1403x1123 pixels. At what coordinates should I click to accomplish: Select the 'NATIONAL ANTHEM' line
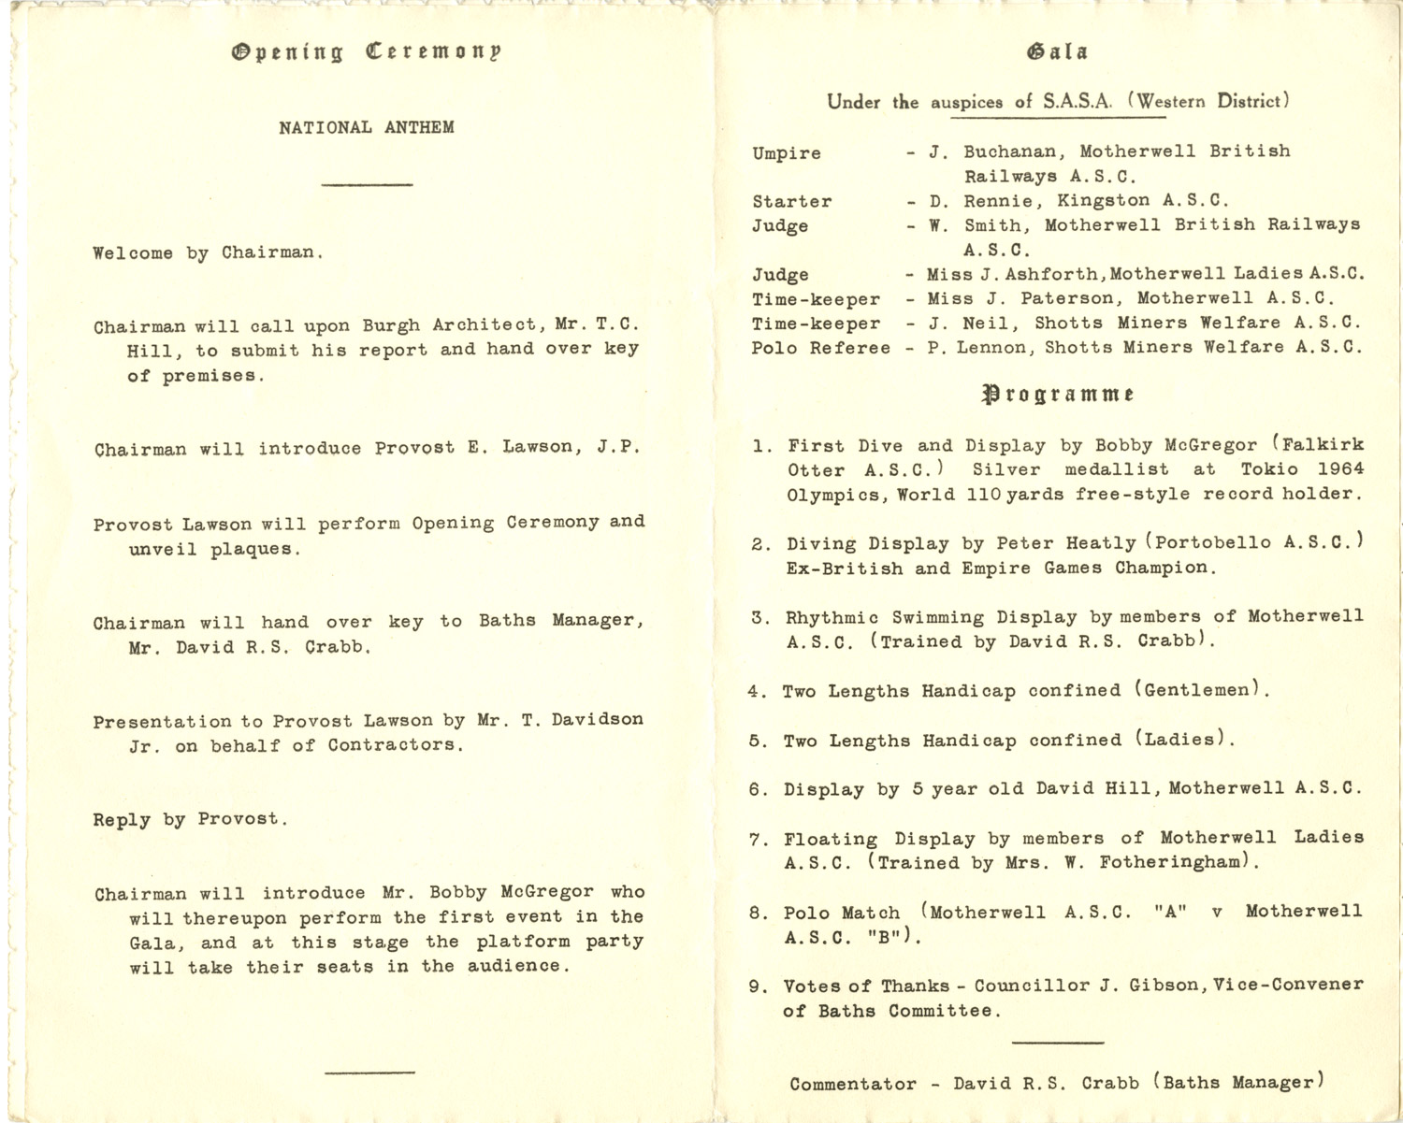366,127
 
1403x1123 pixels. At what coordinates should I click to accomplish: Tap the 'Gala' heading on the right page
1057,52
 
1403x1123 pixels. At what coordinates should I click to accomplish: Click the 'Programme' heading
1058,394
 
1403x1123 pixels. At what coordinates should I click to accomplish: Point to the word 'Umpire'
786,153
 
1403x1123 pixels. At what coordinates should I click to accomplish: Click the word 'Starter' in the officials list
791,202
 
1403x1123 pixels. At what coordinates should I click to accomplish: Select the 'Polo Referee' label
820,348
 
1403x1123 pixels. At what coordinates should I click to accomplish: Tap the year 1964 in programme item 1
1339,469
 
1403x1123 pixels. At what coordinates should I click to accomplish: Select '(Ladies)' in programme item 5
1185,740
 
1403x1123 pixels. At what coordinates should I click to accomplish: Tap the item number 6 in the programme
755,790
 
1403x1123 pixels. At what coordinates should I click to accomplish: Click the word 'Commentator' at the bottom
852,1085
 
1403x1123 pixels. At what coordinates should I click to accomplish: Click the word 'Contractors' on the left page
395,745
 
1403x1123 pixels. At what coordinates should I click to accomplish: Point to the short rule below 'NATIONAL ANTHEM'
367,185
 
